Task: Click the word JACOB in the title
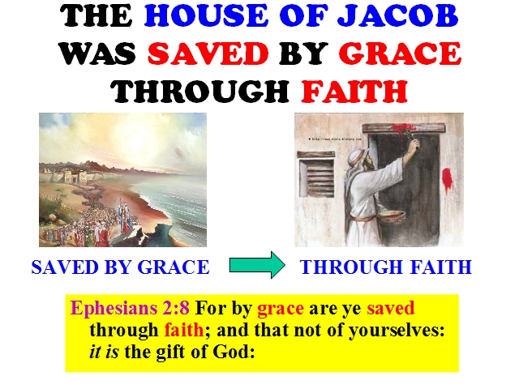point(398,16)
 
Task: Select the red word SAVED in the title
point(208,53)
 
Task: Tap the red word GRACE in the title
point(400,53)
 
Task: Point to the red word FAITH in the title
point(354,91)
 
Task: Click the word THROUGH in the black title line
point(200,91)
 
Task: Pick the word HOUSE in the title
point(206,16)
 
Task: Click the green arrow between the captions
point(257,265)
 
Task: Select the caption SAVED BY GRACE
point(121,267)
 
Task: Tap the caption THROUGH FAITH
point(386,267)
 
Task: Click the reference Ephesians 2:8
point(130,308)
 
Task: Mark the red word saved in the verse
point(391,308)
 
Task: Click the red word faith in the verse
point(184,330)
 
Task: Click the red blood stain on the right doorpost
point(447,179)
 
